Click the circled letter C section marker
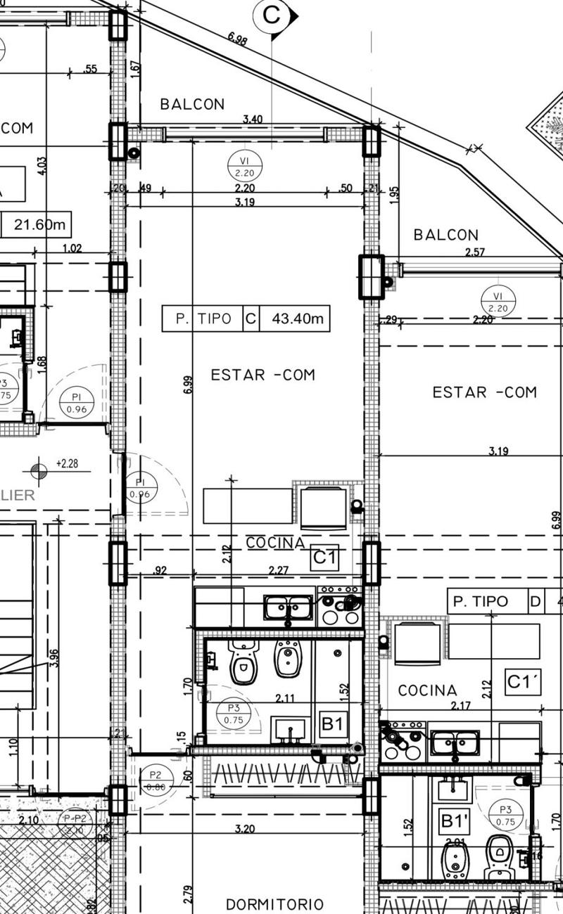272,14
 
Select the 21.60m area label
39,225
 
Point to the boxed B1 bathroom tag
333,723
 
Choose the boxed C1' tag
523,681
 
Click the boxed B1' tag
454,820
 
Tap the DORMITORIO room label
274,904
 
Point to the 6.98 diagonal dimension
237,39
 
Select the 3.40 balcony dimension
253,120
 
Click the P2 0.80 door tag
156,781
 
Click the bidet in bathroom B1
287,658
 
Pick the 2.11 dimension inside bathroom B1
284,698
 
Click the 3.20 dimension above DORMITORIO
244,829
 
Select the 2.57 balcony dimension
475,252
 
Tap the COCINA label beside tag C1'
427,690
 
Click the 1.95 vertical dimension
394,195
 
